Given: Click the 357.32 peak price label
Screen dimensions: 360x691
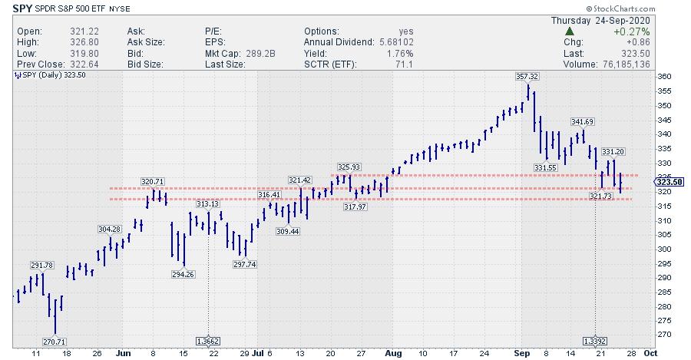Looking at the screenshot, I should point(528,77).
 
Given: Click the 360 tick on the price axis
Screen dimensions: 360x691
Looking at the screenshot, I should point(665,76).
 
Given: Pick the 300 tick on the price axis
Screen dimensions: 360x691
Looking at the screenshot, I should point(665,249).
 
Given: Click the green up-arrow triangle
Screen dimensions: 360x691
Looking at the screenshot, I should point(569,31).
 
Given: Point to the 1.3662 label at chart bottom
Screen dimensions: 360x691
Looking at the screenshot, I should point(210,340).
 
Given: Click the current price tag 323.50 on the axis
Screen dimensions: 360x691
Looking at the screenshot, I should point(668,181).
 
